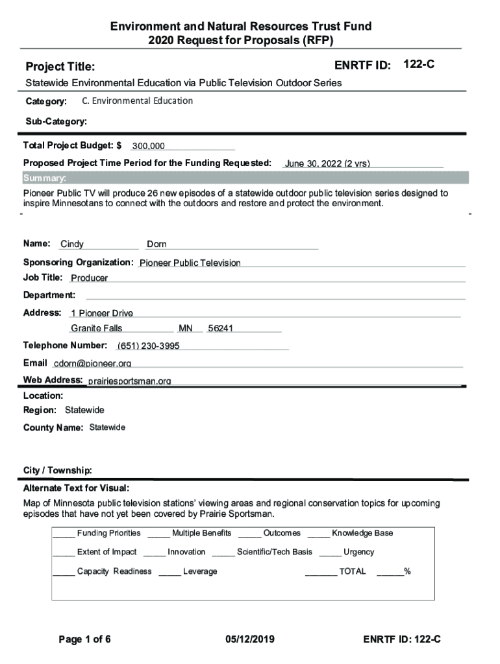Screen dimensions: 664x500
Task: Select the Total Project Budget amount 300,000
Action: point(148,147)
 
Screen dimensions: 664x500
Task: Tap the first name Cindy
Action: point(72,244)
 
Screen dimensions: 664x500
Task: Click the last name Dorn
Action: point(156,244)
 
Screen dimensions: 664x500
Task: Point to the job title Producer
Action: point(89,278)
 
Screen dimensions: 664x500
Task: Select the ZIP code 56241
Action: point(220,328)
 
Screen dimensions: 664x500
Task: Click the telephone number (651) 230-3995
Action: point(148,346)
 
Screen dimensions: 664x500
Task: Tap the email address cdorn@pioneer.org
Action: point(92,363)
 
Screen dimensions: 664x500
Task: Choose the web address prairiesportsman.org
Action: point(129,381)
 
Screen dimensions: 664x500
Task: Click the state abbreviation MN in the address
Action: point(186,328)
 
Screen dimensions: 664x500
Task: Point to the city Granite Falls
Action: point(96,328)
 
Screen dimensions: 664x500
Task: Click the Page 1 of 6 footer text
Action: point(84,640)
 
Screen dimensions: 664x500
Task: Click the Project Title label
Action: point(60,67)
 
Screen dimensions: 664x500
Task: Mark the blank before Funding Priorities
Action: point(63,534)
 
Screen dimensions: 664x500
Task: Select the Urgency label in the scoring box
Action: point(358,552)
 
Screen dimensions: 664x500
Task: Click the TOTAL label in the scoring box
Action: point(352,572)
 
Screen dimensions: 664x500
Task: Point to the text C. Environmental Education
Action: point(138,101)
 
